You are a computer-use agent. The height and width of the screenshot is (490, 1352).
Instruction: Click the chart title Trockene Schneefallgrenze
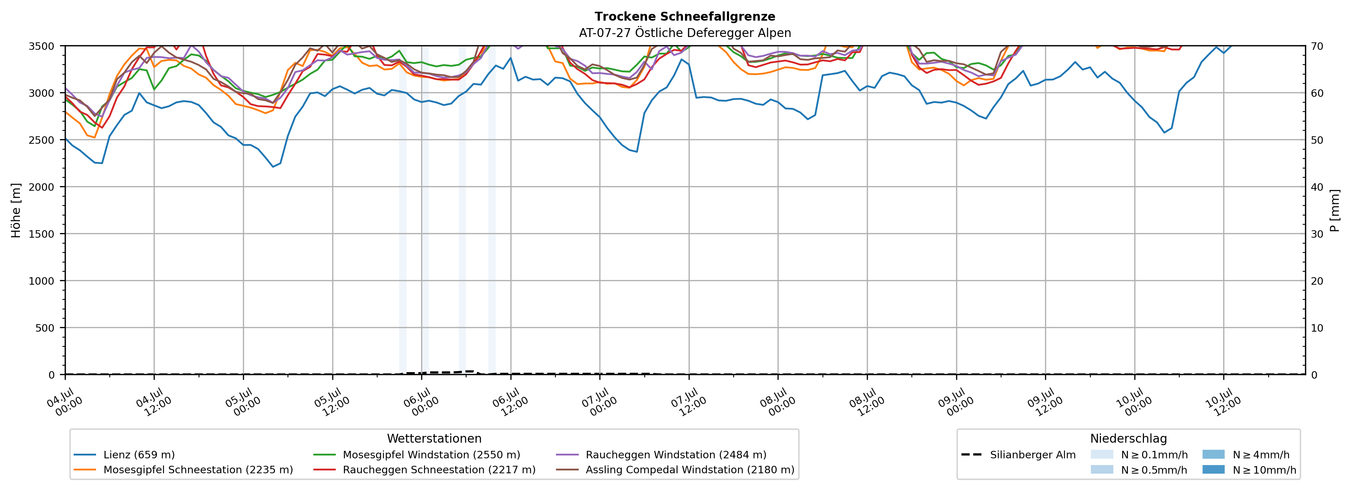point(685,17)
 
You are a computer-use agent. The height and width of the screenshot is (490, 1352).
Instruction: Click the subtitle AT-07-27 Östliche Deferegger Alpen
point(685,33)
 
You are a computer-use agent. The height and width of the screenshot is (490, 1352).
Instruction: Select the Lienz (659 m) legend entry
point(124,455)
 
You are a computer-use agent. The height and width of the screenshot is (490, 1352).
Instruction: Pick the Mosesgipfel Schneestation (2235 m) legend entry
point(183,469)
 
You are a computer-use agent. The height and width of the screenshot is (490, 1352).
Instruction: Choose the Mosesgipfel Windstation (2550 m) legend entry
point(417,455)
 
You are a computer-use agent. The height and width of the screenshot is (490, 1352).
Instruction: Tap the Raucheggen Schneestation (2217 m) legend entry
point(425,469)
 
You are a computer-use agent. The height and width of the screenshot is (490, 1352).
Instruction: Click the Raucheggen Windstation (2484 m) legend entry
point(661,455)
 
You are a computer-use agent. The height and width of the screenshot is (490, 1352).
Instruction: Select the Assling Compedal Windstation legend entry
point(675,469)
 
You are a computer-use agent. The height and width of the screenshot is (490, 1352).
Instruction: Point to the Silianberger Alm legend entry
point(1018,455)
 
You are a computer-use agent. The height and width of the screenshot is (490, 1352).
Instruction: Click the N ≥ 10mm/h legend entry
point(1249,469)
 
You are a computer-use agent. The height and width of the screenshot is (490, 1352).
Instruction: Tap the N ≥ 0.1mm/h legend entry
point(1139,455)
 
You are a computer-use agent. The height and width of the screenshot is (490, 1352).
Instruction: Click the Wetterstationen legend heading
point(434,438)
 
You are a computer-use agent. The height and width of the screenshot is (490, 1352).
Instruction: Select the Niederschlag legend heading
point(1128,438)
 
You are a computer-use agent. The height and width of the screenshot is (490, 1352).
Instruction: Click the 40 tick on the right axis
point(1317,187)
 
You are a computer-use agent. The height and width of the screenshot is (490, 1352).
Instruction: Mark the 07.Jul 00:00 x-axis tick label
point(599,402)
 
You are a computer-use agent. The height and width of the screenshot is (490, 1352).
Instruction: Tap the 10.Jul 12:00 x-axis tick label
point(1223,402)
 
